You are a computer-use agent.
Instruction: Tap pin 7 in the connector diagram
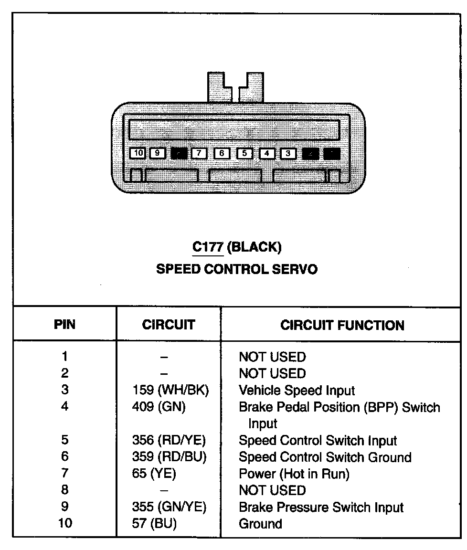click(199, 154)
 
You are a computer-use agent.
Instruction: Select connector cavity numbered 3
click(288, 154)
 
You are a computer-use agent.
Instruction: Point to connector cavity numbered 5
click(244, 154)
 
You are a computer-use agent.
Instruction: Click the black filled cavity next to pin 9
click(179, 154)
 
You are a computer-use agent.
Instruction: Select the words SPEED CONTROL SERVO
click(236, 269)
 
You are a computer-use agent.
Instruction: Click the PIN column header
click(64, 325)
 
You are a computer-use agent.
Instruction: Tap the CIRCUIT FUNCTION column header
click(342, 326)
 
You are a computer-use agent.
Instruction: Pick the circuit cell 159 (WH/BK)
click(170, 391)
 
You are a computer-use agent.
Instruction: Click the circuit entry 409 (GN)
click(159, 407)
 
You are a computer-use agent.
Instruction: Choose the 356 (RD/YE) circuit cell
click(169, 440)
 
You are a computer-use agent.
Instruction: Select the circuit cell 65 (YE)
click(154, 474)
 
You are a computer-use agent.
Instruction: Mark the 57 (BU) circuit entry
click(154, 524)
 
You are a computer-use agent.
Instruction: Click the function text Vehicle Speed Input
click(297, 391)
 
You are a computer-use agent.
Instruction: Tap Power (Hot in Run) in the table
click(294, 474)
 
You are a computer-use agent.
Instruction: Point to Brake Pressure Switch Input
click(321, 507)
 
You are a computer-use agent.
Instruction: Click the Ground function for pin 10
click(260, 524)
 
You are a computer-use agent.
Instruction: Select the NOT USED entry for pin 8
click(272, 490)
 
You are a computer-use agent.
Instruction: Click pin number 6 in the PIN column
click(65, 457)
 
